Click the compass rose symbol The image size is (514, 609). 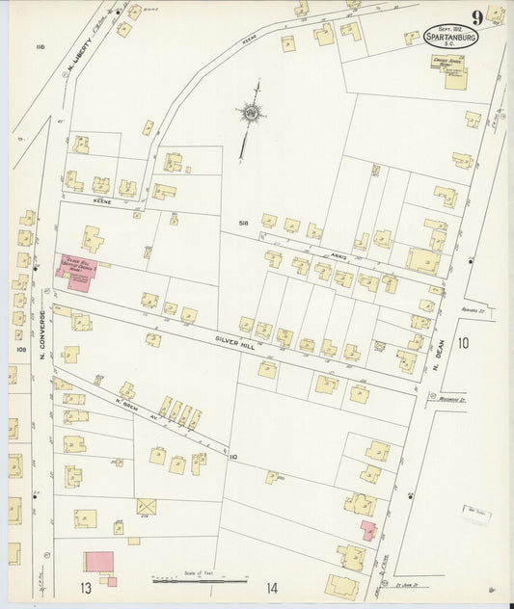coord(252,114)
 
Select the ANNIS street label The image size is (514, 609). coord(338,256)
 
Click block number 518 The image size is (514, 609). coord(244,224)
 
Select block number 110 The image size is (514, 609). coord(233,456)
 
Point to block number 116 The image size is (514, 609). coord(40,46)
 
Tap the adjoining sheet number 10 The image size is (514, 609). coord(464,343)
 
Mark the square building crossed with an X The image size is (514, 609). coord(146,507)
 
